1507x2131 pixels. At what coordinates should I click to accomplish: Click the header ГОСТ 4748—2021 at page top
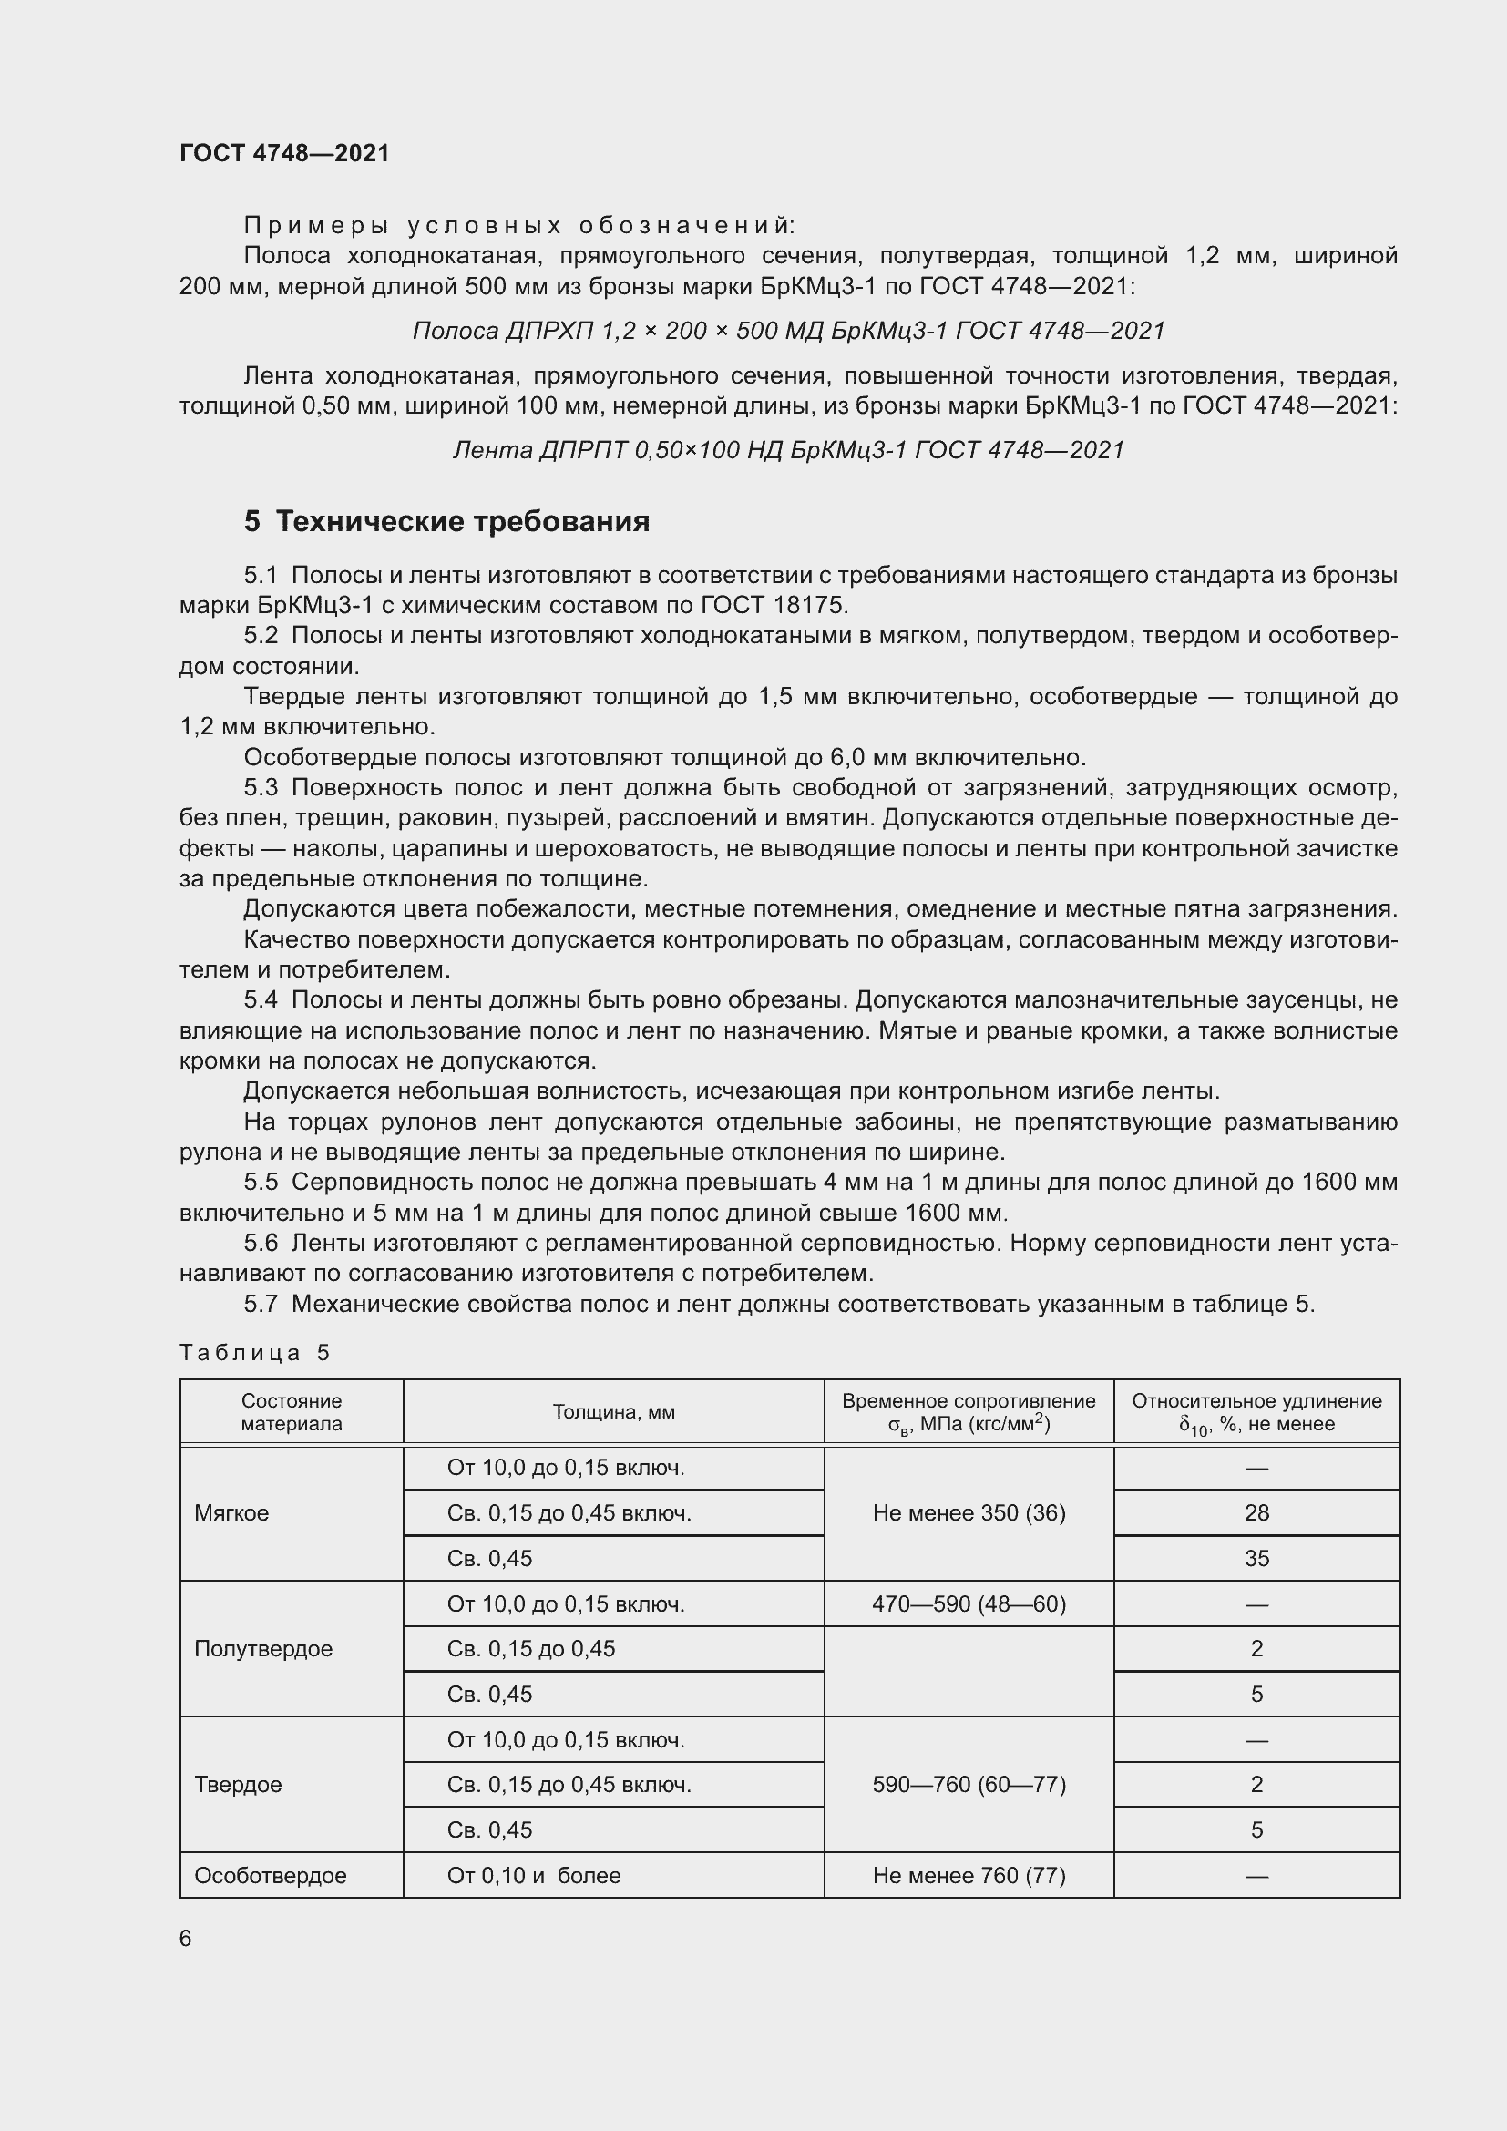point(284,153)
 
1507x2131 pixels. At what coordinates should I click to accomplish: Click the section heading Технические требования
point(462,522)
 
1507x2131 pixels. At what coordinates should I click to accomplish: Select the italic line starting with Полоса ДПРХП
point(788,331)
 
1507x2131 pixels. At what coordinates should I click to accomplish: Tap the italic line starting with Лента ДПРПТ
point(788,450)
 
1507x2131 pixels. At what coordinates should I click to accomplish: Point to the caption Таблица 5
point(254,1352)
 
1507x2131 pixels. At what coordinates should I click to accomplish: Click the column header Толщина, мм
point(613,1411)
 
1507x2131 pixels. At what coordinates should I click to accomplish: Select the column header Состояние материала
point(292,1411)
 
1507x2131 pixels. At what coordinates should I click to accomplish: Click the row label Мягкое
point(232,1513)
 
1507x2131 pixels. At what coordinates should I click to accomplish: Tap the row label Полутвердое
point(263,1648)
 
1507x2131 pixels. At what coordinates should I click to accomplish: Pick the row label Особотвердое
point(270,1875)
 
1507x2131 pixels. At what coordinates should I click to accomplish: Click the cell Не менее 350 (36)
point(969,1513)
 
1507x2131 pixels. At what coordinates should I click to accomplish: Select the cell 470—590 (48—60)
point(969,1603)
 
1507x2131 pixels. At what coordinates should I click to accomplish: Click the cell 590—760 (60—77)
point(969,1784)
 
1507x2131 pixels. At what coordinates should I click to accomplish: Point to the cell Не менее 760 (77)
point(969,1875)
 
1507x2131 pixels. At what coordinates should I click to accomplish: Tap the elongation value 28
point(1256,1513)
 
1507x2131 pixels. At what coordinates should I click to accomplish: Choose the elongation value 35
point(1256,1558)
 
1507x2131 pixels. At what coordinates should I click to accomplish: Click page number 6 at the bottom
point(186,1939)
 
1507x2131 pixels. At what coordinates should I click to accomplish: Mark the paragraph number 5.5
point(261,1183)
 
